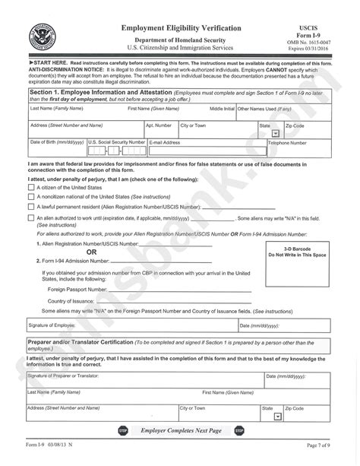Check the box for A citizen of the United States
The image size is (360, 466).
pos(30,186)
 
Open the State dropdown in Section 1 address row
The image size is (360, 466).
pos(275,132)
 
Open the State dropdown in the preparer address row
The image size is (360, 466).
pos(277,416)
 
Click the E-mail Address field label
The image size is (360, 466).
pos(166,142)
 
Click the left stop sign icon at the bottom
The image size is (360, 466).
pos(123,431)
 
